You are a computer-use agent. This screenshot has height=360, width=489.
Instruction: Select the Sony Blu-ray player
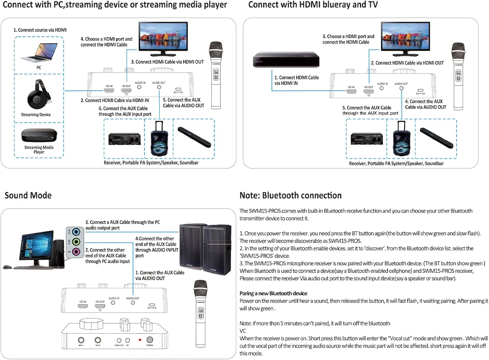click(x=286, y=60)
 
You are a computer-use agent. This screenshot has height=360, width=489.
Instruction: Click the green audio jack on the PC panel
click(x=76, y=242)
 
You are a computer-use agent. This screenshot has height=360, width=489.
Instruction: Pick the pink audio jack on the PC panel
click(x=76, y=252)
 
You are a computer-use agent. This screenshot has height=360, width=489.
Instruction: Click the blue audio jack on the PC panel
click(x=76, y=232)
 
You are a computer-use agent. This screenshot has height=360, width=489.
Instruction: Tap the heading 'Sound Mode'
click(x=28, y=195)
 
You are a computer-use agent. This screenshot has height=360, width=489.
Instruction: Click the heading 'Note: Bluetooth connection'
click(x=290, y=195)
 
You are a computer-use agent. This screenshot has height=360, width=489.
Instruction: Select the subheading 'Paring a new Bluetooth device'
click(x=273, y=293)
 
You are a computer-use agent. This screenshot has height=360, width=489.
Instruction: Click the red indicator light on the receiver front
click(x=140, y=340)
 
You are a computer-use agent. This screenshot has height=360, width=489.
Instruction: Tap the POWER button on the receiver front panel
click(x=150, y=340)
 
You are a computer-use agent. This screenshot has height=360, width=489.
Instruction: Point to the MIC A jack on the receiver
click(x=81, y=340)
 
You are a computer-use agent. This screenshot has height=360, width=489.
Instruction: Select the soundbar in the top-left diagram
click(x=194, y=137)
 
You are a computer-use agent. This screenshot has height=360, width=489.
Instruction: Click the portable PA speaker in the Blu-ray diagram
click(x=401, y=139)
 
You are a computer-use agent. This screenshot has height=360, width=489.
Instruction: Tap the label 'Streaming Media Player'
click(x=39, y=150)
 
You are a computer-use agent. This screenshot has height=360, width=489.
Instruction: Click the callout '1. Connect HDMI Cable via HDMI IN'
click(x=296, y=80)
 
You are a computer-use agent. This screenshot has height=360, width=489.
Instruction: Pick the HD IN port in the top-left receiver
click(x=109, y=90)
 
